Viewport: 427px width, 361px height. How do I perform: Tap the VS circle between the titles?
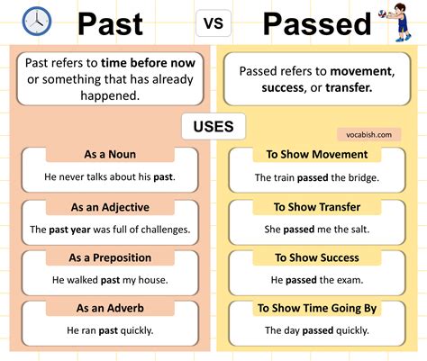214,24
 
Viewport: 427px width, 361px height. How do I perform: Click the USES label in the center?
213,126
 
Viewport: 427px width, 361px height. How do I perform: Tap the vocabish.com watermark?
368,134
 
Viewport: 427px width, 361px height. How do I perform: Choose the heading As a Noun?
109,155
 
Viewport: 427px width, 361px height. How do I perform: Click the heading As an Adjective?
109,207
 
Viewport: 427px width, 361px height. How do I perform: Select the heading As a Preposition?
109,258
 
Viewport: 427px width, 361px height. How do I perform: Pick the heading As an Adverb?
109,309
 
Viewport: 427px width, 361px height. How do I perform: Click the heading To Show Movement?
317,155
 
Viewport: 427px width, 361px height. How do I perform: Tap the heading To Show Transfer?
317,207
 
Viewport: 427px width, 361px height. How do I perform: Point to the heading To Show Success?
317,258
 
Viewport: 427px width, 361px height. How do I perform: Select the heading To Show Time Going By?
317,309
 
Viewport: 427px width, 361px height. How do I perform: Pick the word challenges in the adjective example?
162,229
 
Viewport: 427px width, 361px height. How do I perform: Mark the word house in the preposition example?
150,280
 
